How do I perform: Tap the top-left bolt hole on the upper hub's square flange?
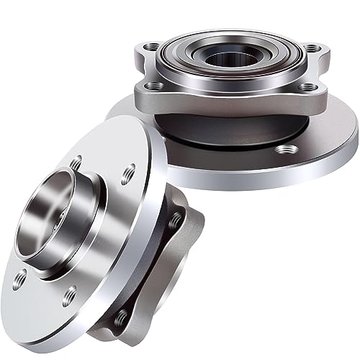pyautogui.click(x=152, y=47)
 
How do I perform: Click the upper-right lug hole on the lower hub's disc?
pyautogui.click(x=130, y=171)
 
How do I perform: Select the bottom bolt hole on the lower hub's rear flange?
pyautogui.click(x=121, y=317)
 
